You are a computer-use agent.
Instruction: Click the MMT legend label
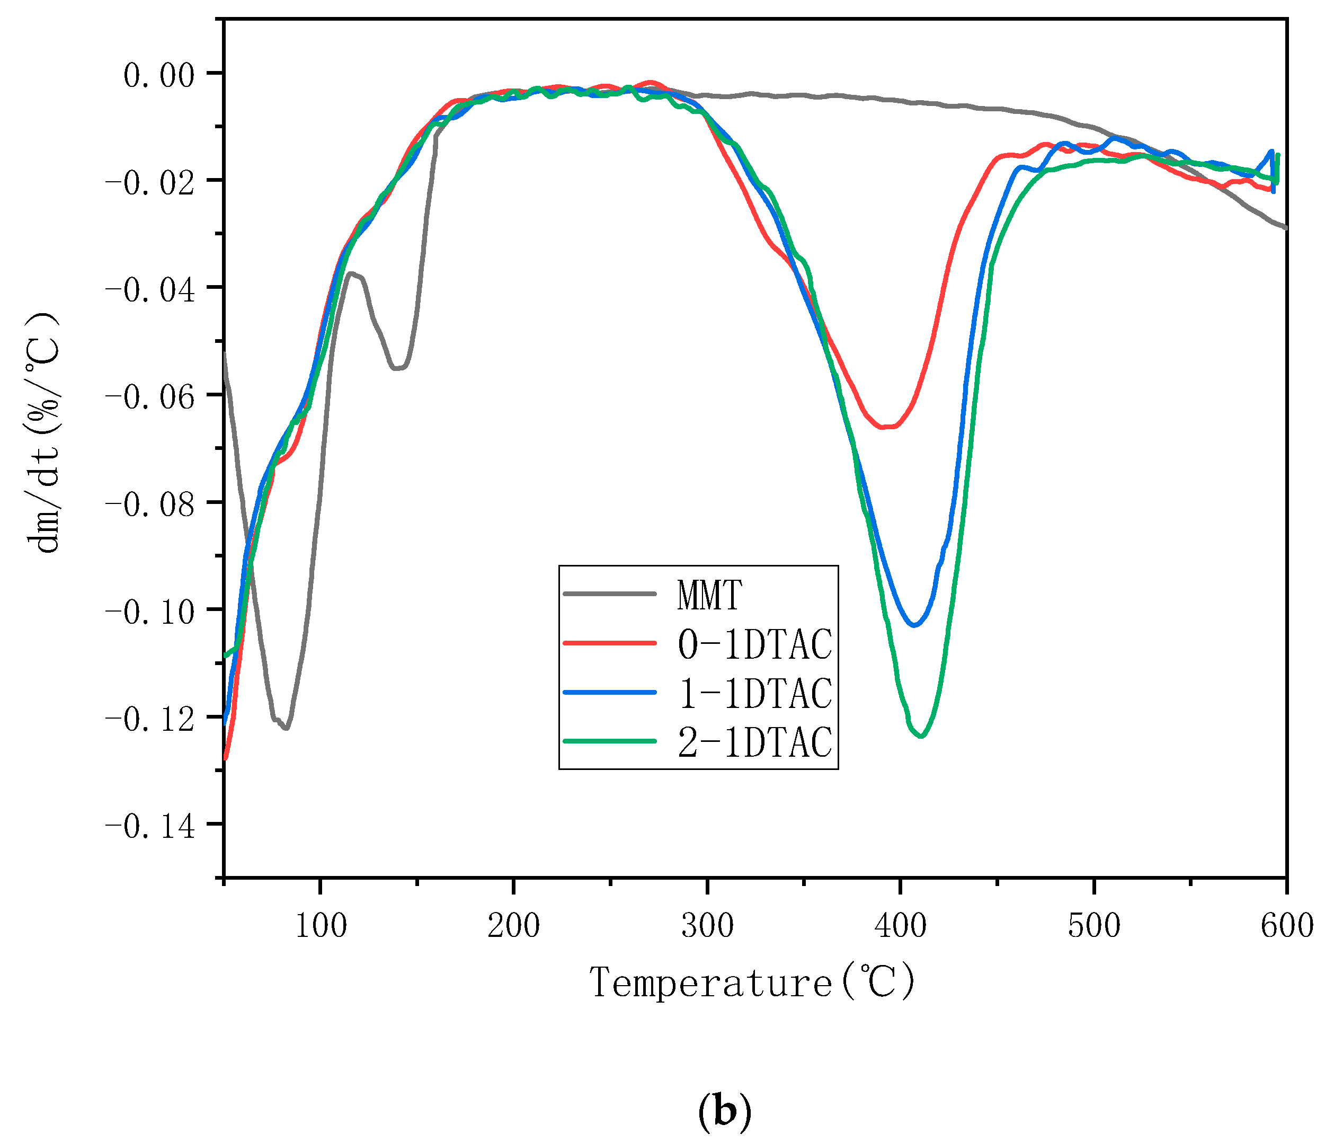click(709, 595)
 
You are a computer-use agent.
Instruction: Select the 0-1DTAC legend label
click(754, 644)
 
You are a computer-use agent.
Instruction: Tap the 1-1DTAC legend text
click(754, 694)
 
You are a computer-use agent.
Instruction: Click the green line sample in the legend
click(609, 741)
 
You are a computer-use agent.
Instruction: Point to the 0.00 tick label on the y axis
click(158, 75)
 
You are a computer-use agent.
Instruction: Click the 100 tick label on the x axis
click(321, 926)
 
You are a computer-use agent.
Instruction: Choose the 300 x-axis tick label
click(707, 926)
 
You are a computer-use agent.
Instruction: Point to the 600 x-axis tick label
click(1285, 926)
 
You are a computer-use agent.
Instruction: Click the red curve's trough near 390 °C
click(886, 427)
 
